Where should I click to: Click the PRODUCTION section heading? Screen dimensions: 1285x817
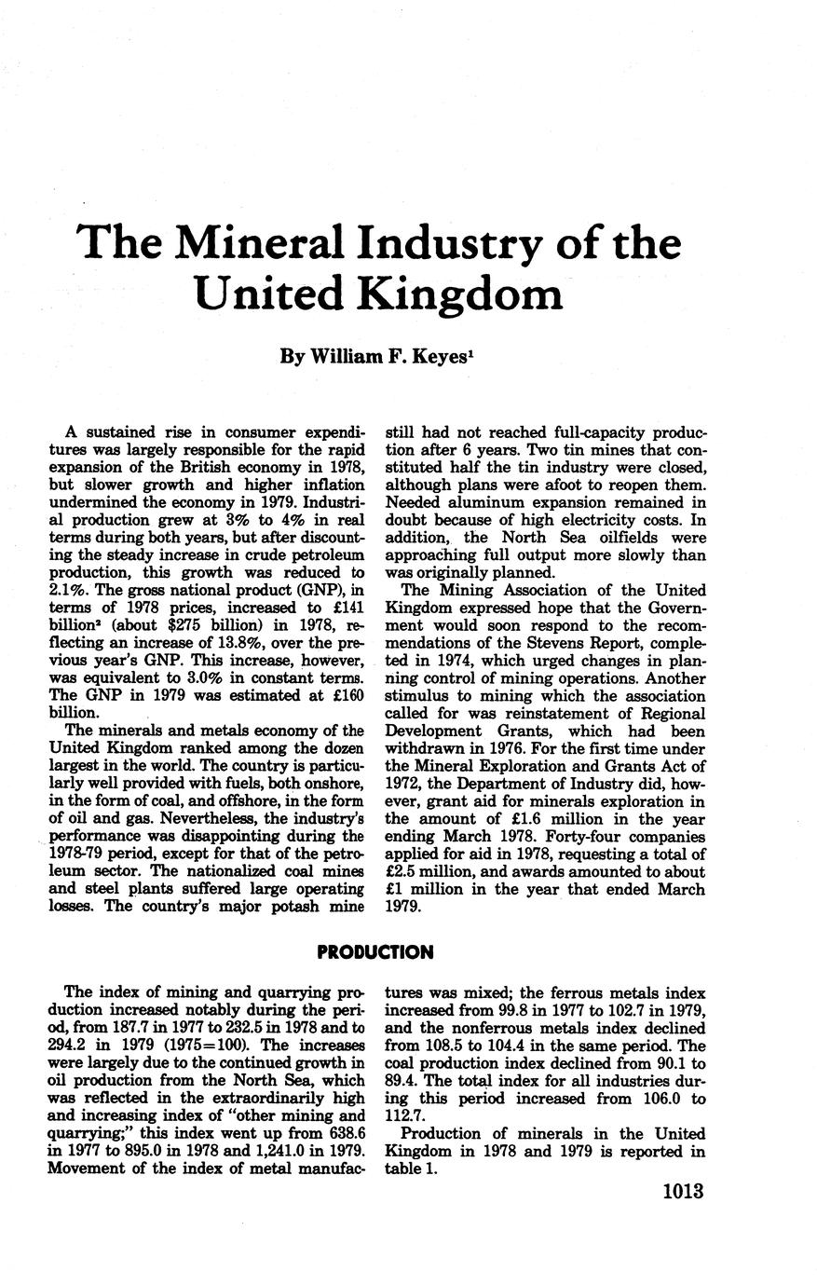coord(375,952)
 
